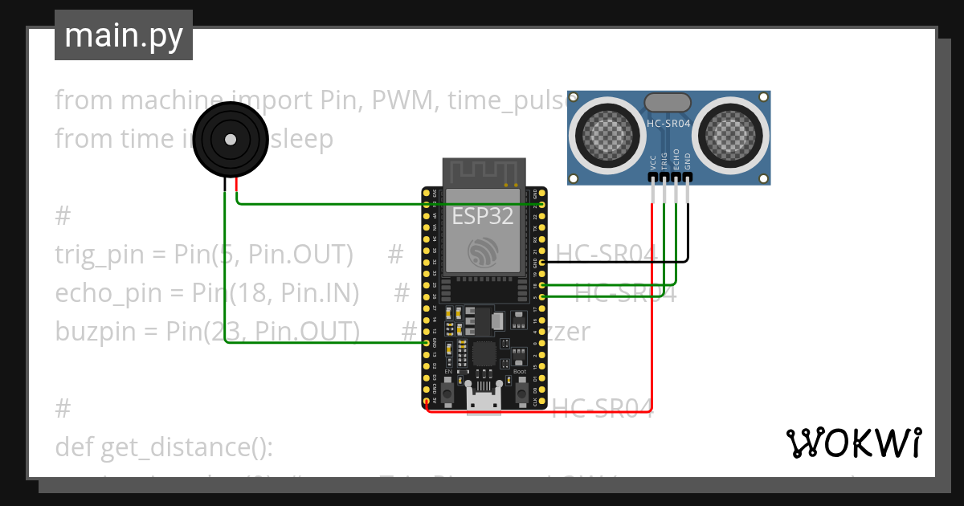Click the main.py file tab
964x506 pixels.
(x=123, y=35)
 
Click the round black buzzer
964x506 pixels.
(x=230, y=140)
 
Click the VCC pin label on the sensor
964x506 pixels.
(x=653, y=160)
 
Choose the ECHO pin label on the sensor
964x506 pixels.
(x=676, y=157)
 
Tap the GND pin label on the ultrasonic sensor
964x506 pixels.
(x=688, y=159)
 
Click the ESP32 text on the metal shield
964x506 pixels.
(x=482, y=216)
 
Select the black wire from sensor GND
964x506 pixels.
(x=688, y=233)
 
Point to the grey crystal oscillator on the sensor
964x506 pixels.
(x=667, y=102)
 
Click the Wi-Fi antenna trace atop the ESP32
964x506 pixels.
(x=484, y=173)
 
